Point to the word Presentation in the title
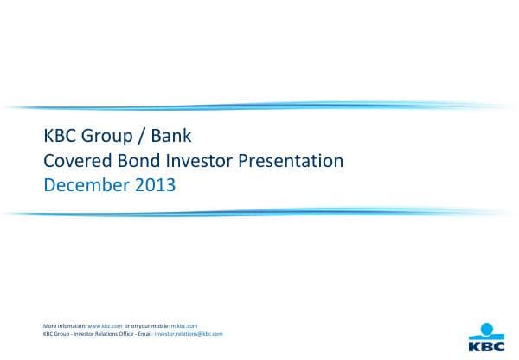pos(291,160)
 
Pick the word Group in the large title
pos(107,137)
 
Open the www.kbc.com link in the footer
pos(105,325)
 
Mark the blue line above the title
pos(259,106)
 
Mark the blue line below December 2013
pos(259,210)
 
